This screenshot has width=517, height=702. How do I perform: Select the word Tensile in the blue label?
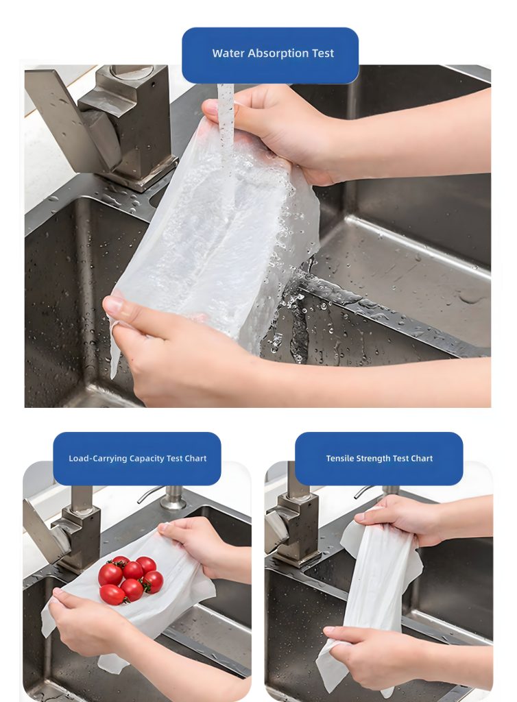coord(339,459)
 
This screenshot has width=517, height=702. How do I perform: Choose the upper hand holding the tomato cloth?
coord(199,542)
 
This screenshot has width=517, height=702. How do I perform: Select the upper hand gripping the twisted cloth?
coord(405,521)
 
